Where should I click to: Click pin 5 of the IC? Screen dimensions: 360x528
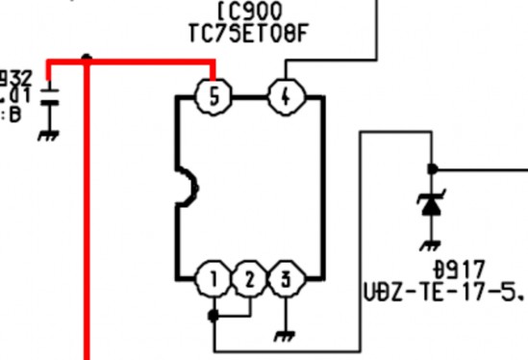213,96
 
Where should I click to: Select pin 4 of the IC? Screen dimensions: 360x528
285,96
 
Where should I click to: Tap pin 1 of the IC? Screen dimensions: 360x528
213,280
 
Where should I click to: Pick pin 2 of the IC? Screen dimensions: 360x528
249,280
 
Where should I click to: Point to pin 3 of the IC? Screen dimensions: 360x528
286,280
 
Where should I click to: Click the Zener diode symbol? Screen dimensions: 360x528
430,204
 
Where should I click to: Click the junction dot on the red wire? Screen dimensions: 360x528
87,58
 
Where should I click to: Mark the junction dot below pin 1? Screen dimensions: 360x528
213,314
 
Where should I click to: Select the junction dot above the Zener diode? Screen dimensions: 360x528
430,168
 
